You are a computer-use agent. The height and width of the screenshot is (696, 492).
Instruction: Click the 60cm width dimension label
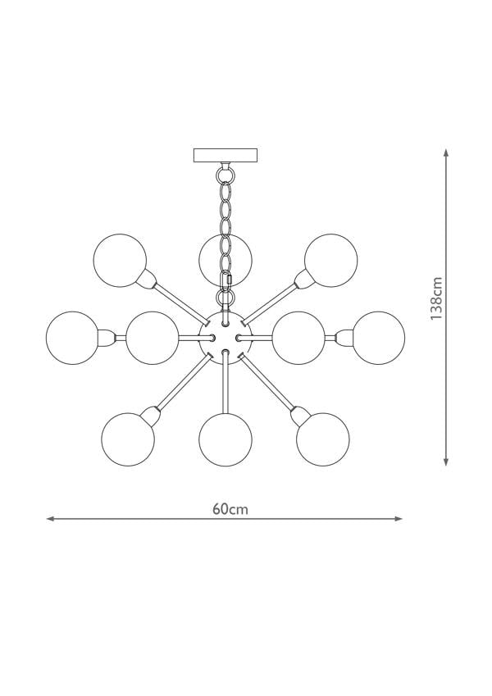(x=230, y=509)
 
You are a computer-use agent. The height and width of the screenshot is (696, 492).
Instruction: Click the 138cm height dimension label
(x=436, y=298)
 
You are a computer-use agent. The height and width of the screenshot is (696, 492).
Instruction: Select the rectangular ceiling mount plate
(x=225, y=156)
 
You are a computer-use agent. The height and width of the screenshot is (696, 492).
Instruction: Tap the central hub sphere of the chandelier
(x=225, y=338)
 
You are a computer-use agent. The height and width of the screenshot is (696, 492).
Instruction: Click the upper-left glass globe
(x=120, y=260)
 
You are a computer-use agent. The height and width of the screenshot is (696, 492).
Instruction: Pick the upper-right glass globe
(x=330, y=260)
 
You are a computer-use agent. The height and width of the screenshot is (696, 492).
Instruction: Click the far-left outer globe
(x=72, y=338)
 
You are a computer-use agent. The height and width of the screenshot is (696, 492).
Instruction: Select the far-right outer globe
(x=378, y=338)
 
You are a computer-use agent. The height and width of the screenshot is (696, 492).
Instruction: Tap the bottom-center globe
(x=225, y=439)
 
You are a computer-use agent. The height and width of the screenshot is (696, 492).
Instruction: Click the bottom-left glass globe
(x=128, y=439)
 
